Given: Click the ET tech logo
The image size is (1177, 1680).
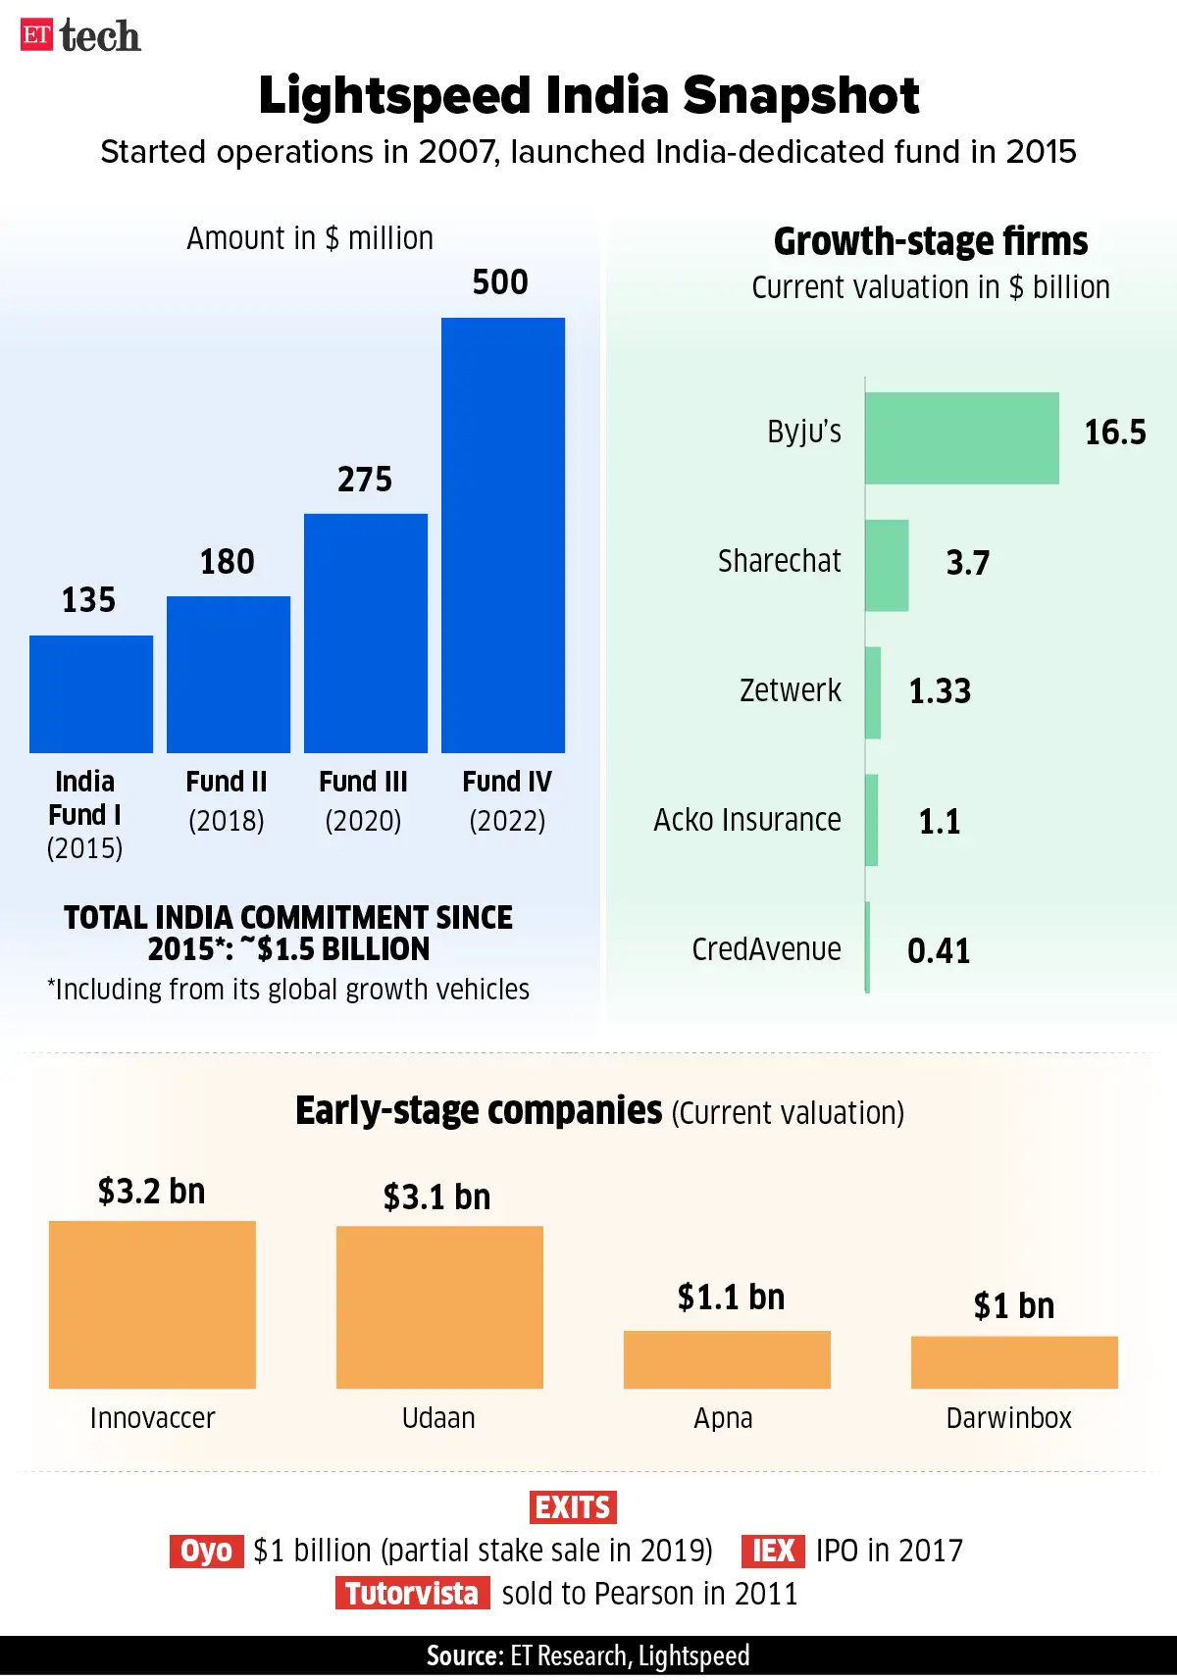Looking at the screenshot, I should coord(80,36).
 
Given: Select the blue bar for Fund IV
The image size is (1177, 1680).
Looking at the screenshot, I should coord(503,535).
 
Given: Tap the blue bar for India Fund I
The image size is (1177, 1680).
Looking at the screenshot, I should coord(91,693).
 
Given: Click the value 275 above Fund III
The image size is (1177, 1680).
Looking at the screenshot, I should coord(365,480).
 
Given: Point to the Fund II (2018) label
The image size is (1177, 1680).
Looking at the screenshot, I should coord(227,800).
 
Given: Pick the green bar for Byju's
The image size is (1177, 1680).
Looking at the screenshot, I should coord(961,437).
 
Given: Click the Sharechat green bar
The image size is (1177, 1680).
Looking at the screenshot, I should coord(887,565).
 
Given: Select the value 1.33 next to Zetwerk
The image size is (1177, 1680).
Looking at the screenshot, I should coord(940,691).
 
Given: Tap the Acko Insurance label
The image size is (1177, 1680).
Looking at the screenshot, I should coord(746,820).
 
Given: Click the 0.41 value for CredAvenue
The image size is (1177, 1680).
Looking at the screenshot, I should coord(939,950).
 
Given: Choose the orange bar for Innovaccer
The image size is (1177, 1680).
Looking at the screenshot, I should coord(152,1303).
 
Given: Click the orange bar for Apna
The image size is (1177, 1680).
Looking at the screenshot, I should coord(727,1358).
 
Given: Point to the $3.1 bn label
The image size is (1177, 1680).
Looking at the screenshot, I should coord(436,1197).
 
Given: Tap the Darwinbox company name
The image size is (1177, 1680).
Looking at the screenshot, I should coord(1008,1418).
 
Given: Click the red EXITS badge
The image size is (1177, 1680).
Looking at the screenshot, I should coord(574,1506).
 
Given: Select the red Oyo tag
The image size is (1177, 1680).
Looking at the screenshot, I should coord(206,1551).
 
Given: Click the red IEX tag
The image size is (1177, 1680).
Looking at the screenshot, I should coord(773,1551).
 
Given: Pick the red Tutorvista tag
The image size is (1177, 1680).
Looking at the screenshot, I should coord(412,1594).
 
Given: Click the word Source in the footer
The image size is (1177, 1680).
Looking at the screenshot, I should coord(464,1656).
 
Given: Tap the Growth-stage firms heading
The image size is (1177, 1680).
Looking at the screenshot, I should coord(930,241).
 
